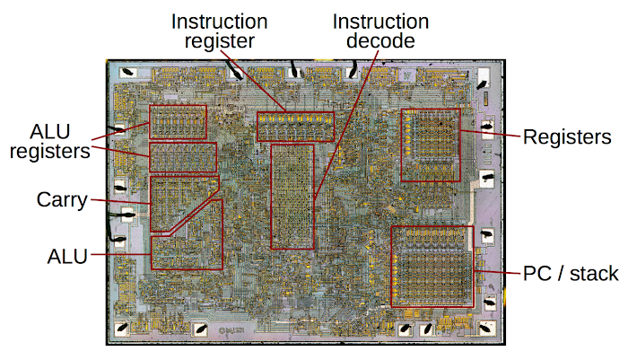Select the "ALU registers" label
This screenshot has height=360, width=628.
coord(50,139)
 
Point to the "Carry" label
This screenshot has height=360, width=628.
coord(62,200)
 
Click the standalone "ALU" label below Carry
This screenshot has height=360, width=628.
coord(68,258)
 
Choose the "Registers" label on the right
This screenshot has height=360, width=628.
coord(567,137)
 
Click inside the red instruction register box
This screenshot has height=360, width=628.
coord(295,126)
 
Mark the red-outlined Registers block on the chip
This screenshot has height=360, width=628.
coord(430,145)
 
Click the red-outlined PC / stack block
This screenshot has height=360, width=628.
coord(432,267)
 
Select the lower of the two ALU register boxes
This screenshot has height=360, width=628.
coord(183,157)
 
